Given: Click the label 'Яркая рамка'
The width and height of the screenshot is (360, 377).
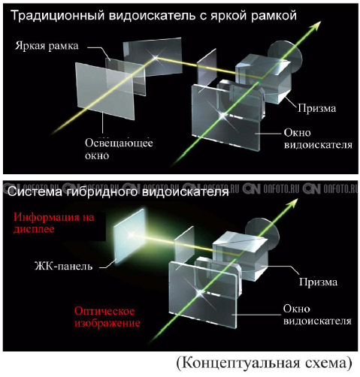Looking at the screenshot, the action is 47,46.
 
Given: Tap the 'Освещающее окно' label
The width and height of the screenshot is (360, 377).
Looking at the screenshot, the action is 119,149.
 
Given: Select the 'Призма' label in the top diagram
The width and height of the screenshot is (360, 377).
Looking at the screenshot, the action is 316,108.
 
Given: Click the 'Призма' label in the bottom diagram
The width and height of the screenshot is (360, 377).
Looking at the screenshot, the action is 318,282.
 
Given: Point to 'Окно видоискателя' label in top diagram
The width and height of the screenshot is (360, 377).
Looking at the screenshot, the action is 318,139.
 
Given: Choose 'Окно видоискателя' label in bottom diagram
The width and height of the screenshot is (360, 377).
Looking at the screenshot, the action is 317,315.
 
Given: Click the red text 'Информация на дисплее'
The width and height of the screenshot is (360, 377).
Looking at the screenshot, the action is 54,223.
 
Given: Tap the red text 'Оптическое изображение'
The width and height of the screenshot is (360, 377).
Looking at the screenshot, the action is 107,317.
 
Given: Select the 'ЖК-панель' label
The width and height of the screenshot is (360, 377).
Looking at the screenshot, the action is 64,266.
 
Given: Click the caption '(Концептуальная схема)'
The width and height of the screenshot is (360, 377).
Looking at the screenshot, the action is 265,363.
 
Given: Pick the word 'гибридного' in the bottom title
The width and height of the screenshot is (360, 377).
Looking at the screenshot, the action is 101,192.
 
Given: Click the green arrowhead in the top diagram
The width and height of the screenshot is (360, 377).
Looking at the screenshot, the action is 316,26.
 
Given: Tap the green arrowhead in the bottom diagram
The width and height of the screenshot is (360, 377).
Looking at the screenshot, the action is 293,204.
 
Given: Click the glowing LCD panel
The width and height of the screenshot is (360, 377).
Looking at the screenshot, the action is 130,235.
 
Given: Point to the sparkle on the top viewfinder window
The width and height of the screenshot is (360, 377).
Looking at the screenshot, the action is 222,116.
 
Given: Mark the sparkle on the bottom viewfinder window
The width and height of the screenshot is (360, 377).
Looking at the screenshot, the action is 200,292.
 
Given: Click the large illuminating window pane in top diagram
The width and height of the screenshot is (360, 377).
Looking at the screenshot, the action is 104,91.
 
